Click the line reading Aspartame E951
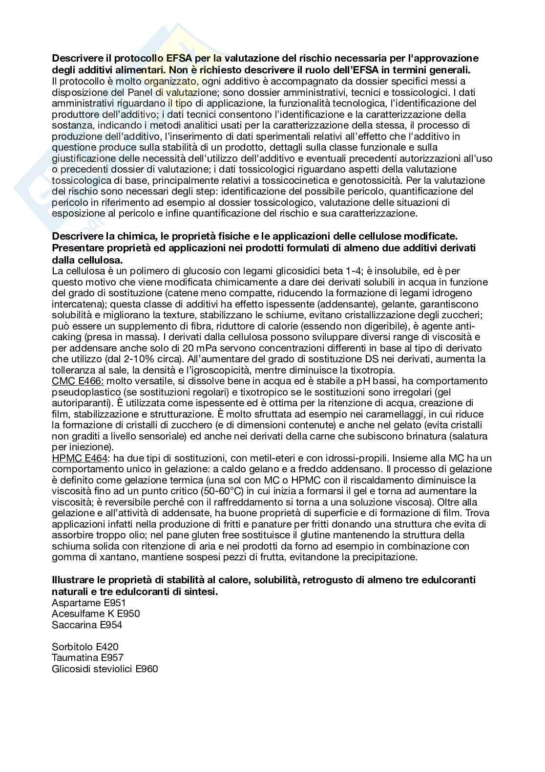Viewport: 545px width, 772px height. tap(88, 602)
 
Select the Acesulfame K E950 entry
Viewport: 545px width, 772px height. tap(96, 614)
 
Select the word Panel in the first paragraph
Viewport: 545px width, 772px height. tap(126, 92)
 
